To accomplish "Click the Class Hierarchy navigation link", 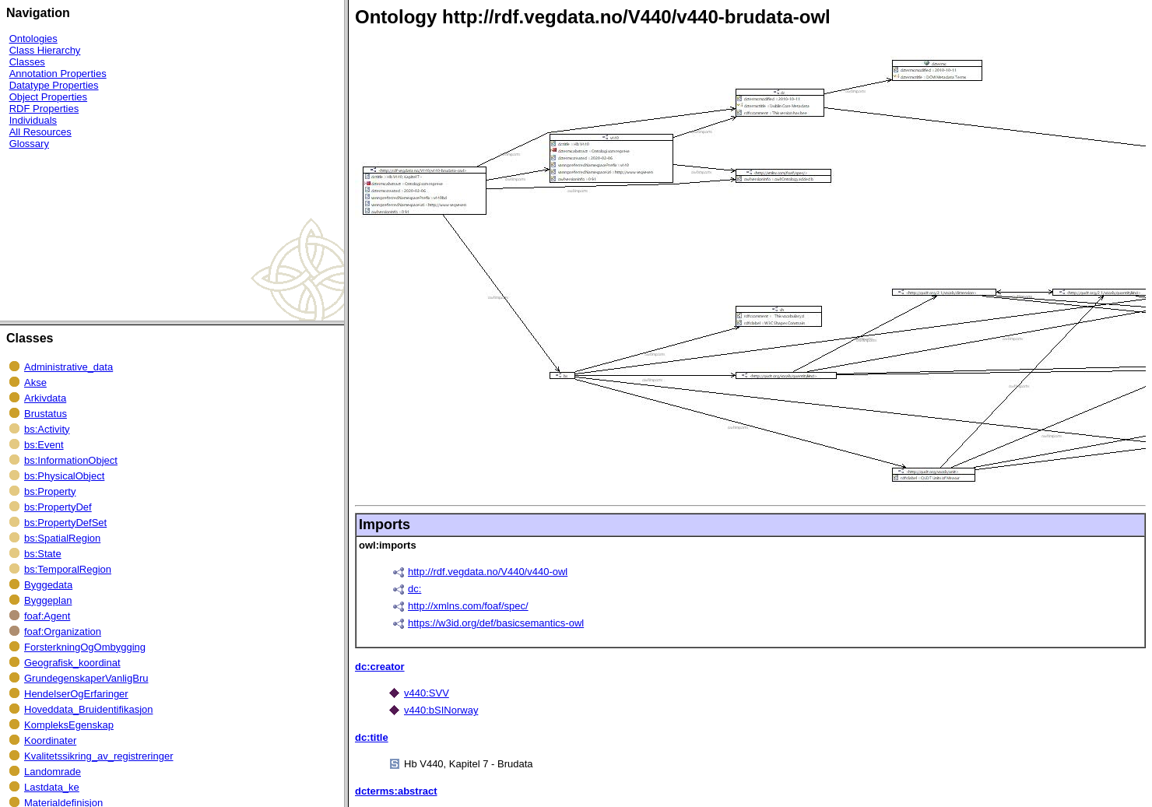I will [x=44, y=51].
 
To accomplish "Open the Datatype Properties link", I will [x=54, y=86].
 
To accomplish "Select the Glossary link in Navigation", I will [x=29, y=144].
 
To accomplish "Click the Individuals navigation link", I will [x=33, y=121].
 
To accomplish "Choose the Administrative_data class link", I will [x=68, y=367].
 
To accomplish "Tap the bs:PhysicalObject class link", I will [x=64, y=476].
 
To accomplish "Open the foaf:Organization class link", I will [x=62, y=632].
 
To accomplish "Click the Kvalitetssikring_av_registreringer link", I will [x=98, y=756].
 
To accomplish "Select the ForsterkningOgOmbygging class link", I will [x=85, y=647].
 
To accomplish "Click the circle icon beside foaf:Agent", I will [x=14, y=616].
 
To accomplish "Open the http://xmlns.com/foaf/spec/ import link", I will [x=468, y=606].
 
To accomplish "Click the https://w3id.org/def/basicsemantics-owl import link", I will [x=496, y=623].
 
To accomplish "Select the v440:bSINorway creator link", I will [x=441, y=711].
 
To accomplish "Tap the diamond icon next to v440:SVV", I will [x=394, y=693].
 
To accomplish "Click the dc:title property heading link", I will [x=371, y=738].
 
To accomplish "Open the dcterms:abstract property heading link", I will [x=395, y=791].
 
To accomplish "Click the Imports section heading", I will [x=385, y=525].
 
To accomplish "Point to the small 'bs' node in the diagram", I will [x=562, y=375].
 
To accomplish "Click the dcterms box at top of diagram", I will [x=936, y=70].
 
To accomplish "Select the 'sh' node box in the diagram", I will [x=778, y=316].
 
